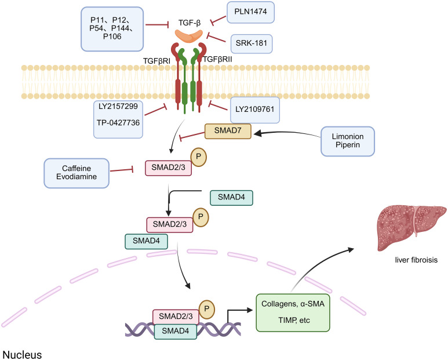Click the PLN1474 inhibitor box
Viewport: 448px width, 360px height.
(250, 12)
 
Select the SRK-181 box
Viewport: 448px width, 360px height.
(252, 43)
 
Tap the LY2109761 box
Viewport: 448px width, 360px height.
(255, 110)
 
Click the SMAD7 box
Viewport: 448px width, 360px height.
(228, 131)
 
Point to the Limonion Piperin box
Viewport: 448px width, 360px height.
(347, 141)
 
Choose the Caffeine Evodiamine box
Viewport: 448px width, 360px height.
(77, 173)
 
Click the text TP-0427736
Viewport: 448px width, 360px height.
(118, 123)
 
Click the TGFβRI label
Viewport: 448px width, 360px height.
(156, 61)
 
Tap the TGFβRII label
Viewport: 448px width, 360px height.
(217, 60)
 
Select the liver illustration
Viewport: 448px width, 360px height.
(411, 227)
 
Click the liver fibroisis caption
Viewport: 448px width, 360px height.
(416, 260)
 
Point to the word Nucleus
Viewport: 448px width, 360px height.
(22, 355)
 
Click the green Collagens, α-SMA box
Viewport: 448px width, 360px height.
(293, 312)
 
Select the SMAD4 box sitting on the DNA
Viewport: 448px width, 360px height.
(176, 332)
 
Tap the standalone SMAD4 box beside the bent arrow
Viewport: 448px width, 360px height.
(231, 198)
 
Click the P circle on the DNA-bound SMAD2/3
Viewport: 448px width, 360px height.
(206, 309)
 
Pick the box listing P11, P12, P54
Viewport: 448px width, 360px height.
(112, 29)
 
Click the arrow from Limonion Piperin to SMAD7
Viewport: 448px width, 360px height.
(287, 133)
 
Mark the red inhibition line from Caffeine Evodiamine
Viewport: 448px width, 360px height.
(122, 170)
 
